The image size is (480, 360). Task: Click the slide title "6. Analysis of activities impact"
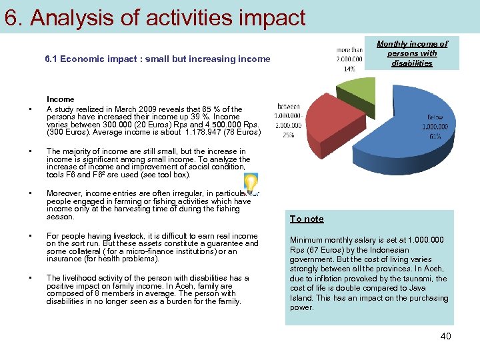pos(155,18)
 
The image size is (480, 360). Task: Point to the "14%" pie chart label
pos(349,69)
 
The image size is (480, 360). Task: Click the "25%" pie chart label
pos(287,135)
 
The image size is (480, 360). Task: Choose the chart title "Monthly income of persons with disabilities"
pos(412,53)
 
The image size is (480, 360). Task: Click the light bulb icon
pos(251,183)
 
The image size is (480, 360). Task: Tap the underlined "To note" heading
pos(307,219)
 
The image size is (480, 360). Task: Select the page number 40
pos(445,336)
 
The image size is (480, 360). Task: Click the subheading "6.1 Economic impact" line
pos(157,59)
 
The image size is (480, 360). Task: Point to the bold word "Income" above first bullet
pos(61,99)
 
